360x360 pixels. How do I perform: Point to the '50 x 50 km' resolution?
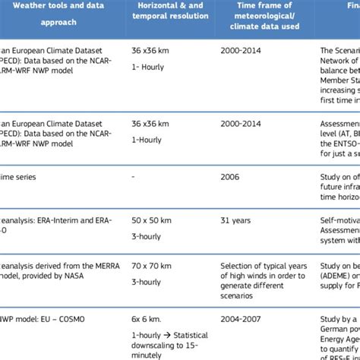click(153, 221)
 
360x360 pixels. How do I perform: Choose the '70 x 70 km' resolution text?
click(153, 267)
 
